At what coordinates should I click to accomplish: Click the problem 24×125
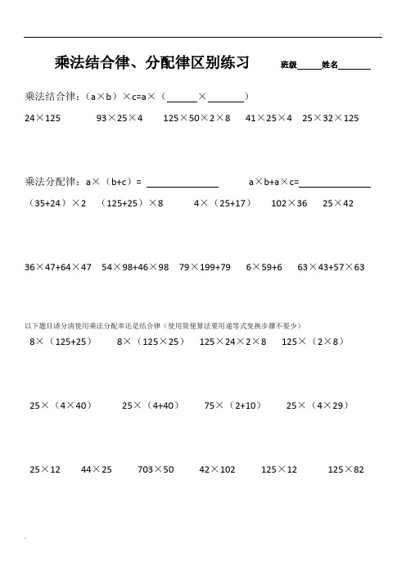point(43,119)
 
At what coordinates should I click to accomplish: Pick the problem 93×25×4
point(120,119)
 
